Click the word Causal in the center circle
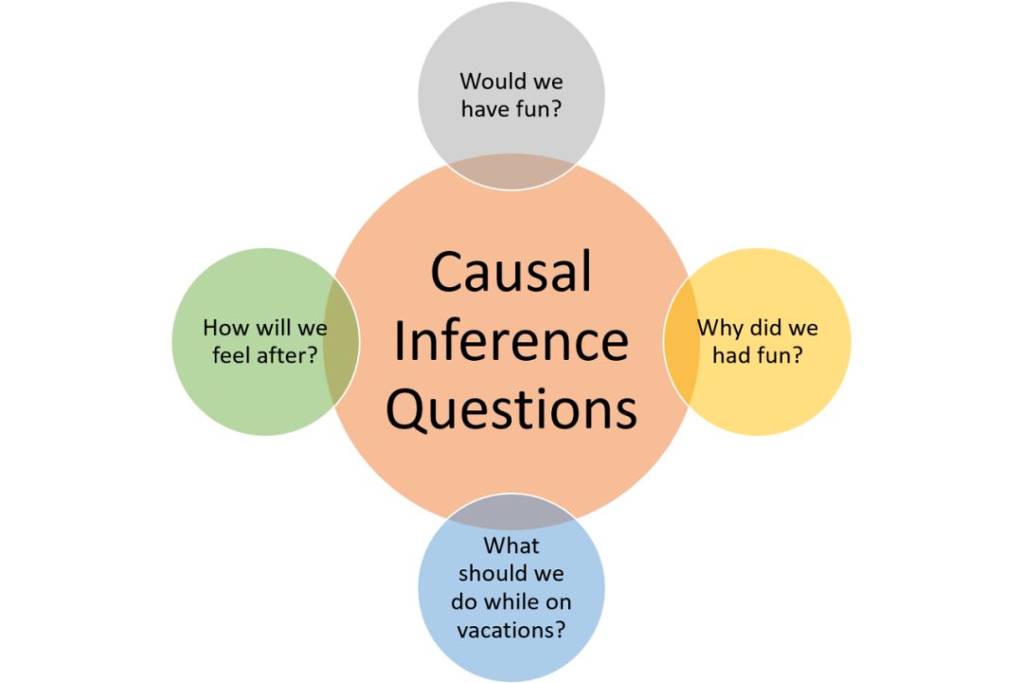(511, 273)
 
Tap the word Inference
(511, 341)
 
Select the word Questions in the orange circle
(511, 411)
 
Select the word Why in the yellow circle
(720, 329)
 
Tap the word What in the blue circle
(511, 546)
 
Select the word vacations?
(511, 629)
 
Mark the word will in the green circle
(275, 329)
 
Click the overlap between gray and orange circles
(511, 174)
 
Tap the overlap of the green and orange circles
(342, 341)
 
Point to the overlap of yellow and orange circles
(680, 341)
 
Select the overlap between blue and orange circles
(511, 510)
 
